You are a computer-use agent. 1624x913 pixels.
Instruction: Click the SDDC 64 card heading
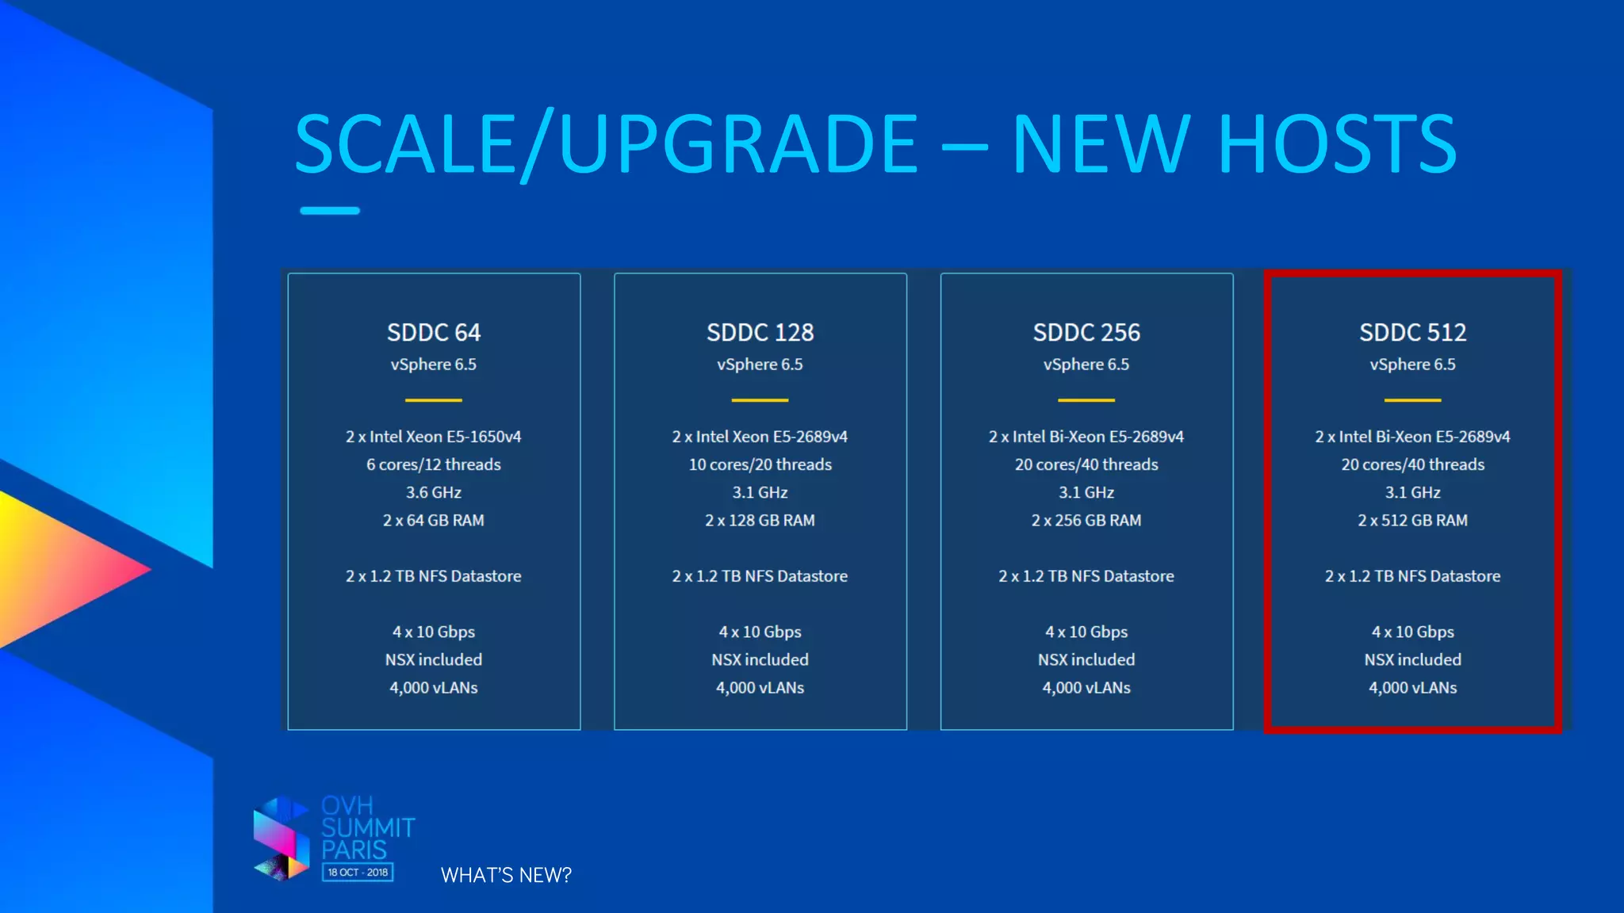tap(434, 333)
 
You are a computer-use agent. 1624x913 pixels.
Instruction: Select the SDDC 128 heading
tap(760, 333)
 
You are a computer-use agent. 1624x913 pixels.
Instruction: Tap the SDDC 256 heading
tap(1086, 333)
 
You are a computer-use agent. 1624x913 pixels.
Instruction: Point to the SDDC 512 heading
tap(1412, 333)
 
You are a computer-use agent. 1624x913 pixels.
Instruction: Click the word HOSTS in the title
tap(1337, 144)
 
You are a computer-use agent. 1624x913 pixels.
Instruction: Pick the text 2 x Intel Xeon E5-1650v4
tap(434, 437)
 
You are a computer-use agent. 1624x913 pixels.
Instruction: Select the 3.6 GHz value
tap(434, 492)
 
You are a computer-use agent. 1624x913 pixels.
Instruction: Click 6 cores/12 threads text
tap(434, 464)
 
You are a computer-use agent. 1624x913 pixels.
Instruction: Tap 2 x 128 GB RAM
tap(760, 521)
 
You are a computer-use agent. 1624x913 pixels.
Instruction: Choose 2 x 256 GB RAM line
tap(1086, 521)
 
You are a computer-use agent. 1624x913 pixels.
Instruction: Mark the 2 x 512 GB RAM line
tap(1412, 521)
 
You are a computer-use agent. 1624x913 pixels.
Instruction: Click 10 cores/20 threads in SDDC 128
tap(760, 464)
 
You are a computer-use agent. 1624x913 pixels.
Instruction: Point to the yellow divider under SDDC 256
tap(1086, 400)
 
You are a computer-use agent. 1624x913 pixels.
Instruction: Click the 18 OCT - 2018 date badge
tap(358, 873)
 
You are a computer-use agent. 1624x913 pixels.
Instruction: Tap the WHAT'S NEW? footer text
tap(506, 875)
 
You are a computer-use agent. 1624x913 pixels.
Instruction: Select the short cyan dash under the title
tap(330, 211)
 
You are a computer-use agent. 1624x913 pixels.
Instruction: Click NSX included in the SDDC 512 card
tap(1412, 659)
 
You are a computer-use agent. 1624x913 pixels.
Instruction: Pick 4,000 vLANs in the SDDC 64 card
tap(434, 688)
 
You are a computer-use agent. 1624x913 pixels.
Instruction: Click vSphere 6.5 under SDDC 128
tap(760, 365)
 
